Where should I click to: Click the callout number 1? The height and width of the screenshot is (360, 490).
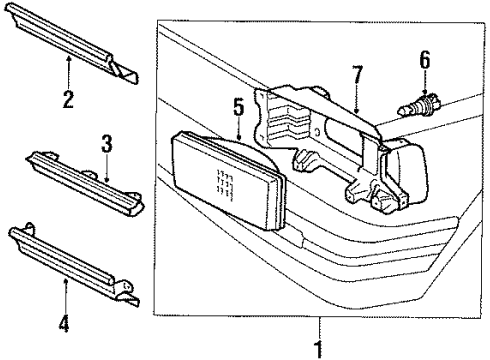coord(320,350)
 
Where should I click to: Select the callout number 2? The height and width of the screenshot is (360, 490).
coord(67,99)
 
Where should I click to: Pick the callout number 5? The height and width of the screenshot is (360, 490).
coord(238,105)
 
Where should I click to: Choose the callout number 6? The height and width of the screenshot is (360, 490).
coord(424,63)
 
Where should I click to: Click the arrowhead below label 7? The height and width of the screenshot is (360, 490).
coord(356,109)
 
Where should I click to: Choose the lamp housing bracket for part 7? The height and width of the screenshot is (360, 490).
coord(320,140)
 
